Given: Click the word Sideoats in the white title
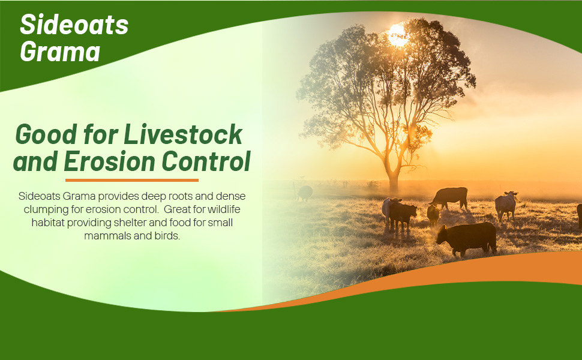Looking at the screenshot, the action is pos(74,25).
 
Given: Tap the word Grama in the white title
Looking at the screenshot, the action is pos(60,51).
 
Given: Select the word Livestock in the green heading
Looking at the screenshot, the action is pos(183,134).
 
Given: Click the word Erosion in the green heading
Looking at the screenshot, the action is pos(109,161).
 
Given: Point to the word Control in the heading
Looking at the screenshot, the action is pos(206,161).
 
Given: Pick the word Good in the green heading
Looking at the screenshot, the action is pos(46,134).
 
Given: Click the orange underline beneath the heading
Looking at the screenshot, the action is pos(132,181).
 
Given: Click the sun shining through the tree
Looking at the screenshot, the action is pos(398,35).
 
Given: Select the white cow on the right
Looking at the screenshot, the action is pos(506,205).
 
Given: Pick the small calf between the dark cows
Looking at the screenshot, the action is pos(433,215).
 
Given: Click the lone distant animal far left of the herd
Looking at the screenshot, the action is pos(305,193).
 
